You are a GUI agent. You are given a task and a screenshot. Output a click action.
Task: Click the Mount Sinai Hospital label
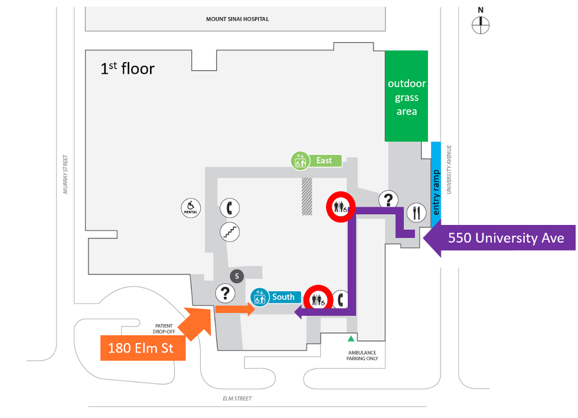[x=237, y=19]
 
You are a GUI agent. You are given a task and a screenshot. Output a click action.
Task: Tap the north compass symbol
[x=481, y=24]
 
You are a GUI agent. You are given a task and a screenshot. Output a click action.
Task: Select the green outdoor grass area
[x=406, y=96]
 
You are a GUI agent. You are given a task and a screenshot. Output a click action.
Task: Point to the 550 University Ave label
[x=506, y=239]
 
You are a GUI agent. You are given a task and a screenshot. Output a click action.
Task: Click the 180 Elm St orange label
[x=143, y=348]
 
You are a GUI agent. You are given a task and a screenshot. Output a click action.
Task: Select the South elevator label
[x=276, y=297]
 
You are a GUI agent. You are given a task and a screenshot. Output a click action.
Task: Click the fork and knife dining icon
[x=417, y=212]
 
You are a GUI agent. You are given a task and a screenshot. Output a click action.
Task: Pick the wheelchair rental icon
[x=191, y=208]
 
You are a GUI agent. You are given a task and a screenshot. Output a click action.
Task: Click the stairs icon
[x=230, y=232]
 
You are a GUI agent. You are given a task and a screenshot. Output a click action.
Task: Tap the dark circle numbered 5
[x=237, y=276]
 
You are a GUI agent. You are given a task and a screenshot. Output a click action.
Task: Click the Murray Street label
[x=66, y=174]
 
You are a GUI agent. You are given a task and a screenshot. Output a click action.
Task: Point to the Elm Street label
[x=237, y=399]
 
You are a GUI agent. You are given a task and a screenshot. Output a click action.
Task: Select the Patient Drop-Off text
[x=164, y=328]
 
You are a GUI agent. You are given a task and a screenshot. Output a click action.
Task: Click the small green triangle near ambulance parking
[x=351, y=338]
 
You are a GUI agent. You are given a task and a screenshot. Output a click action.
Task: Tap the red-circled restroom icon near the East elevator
[x=341, y=206]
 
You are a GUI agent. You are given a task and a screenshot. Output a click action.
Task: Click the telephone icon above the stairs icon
[x=230, y=208]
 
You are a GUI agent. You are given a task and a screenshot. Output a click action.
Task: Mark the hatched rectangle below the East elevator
[x=307, y=196]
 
